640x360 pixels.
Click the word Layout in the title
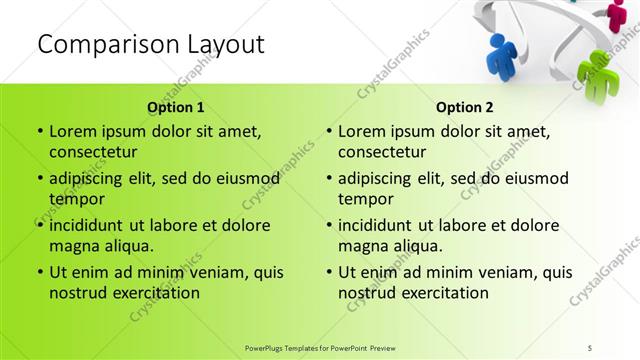pos(223,44)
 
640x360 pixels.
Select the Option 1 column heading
pos(176,107)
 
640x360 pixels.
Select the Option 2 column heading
pos(465,107)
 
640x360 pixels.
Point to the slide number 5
pos(591,346)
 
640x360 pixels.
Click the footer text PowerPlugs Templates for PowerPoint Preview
pos(320,346)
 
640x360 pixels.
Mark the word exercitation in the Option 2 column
pos(447,293)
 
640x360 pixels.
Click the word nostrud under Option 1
pos(76,293)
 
